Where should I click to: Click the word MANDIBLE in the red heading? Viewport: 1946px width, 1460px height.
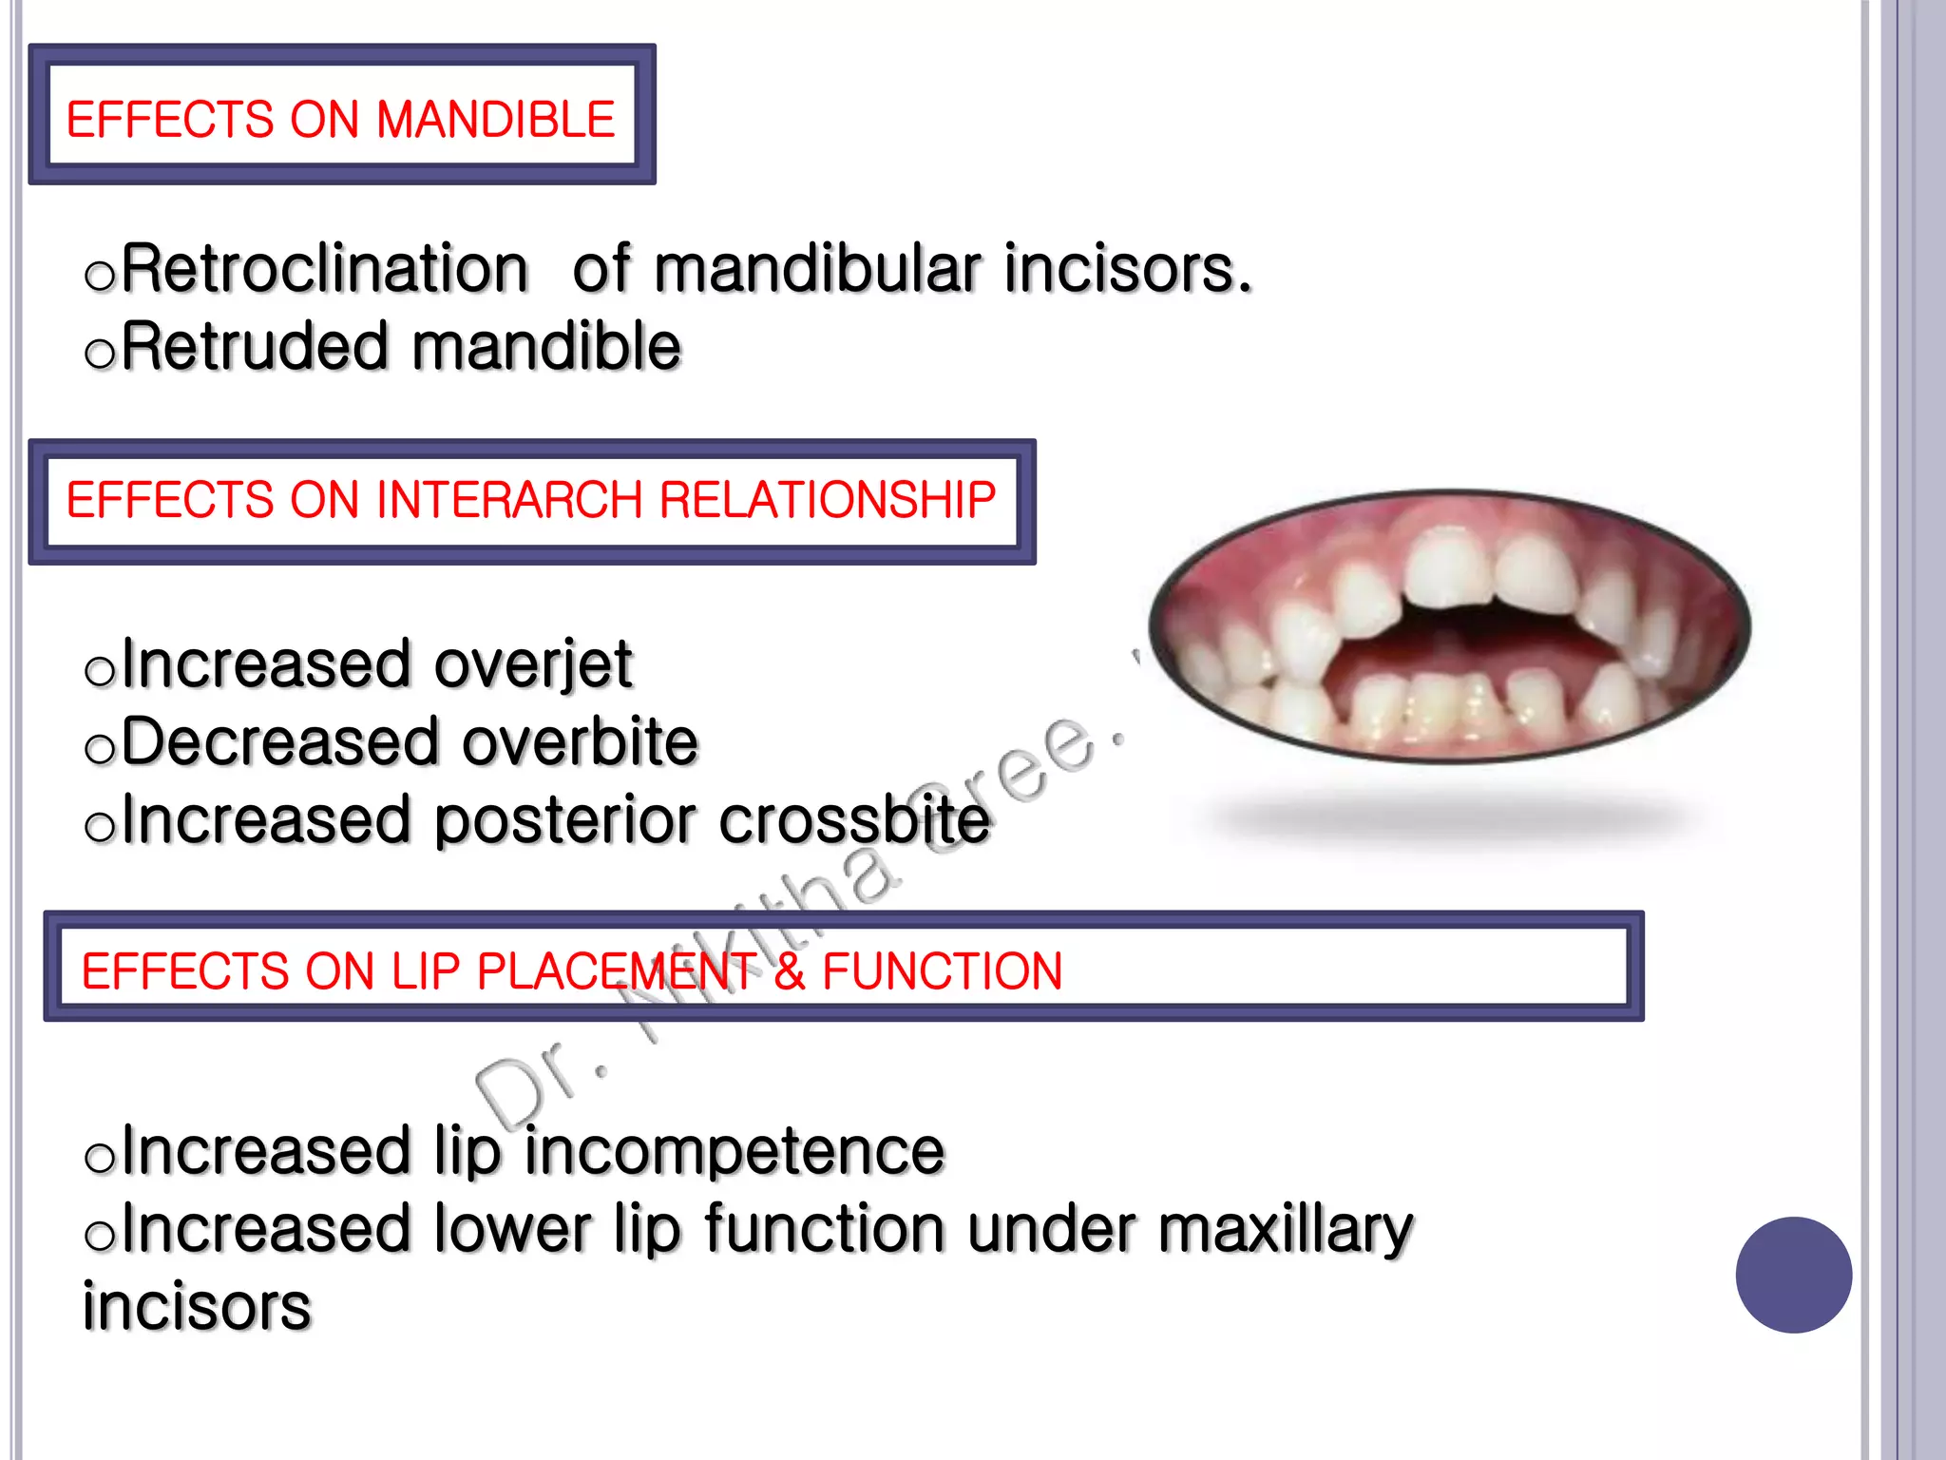click(x=495, y=120)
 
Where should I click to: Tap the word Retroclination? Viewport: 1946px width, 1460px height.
click(x=324, y=269)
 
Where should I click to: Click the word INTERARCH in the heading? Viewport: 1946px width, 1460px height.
click(x=509, y=500)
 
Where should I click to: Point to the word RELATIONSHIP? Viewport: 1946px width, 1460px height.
click(x=827, y=500)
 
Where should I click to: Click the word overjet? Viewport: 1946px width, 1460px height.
click(x=533, y=664)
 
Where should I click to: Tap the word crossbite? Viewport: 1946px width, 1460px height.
click(x=854, y=820)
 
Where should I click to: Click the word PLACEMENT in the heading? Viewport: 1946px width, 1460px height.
click(x=617, y=971)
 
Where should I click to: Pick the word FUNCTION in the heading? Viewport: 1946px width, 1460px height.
click(x=942, y=971)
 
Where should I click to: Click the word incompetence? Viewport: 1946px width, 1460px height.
click(x=735, y=1151)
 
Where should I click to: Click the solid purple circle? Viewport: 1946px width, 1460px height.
click(x=1793, y=1275)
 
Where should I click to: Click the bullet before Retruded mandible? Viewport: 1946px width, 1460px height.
click(x=99, y=355)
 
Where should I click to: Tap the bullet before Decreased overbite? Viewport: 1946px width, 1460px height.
click(x=99, y=750)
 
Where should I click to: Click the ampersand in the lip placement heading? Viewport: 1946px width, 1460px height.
click(x=789, y=971)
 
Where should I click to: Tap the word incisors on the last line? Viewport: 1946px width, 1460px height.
click(x=197, y=1307)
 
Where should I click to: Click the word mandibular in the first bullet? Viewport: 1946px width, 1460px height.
click(x=817, y=269)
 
